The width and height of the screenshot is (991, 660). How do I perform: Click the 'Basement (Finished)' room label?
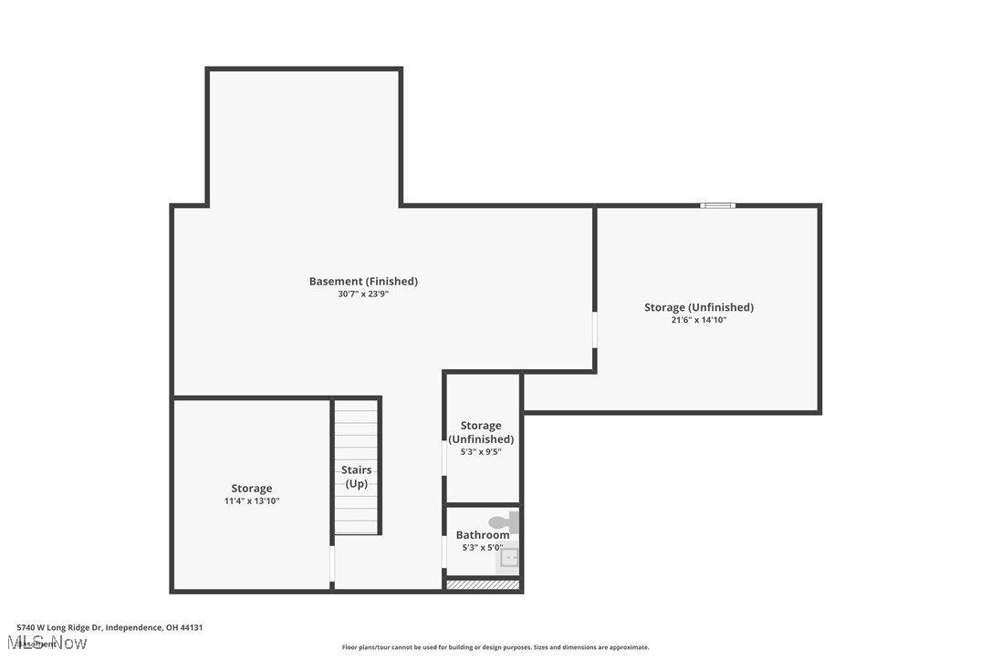[x=363, y=281]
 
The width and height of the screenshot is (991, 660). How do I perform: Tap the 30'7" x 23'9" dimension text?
[x=363, y=294]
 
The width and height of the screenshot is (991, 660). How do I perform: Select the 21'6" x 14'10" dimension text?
[x=698, y=320]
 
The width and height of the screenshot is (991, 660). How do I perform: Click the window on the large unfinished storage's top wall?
[x=717, y=205]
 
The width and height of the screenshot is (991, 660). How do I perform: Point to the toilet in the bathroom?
[x=503, y=522]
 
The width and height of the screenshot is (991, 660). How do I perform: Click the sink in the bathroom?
[x=508, y=558]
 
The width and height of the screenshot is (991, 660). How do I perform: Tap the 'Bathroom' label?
[x=482, y=535]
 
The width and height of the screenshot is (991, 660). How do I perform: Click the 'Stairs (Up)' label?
[x=356, y=477]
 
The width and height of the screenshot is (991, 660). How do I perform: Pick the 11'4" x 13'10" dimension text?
[x=251, y=501]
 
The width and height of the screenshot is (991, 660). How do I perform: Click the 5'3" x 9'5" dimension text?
[x=480, y=451]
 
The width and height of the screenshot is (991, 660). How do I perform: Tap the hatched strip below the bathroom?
[x=483, y=584]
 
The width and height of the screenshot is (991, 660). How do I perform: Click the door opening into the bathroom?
[x=444, y=552]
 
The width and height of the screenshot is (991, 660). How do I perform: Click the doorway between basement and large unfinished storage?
[x=595, y=330]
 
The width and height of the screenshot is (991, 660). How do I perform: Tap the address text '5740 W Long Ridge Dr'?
[x=60, y=627]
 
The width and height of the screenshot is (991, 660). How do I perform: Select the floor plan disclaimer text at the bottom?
[x=495, y=647]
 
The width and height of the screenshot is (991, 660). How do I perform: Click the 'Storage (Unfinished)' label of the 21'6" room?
[x=698, y=307]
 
